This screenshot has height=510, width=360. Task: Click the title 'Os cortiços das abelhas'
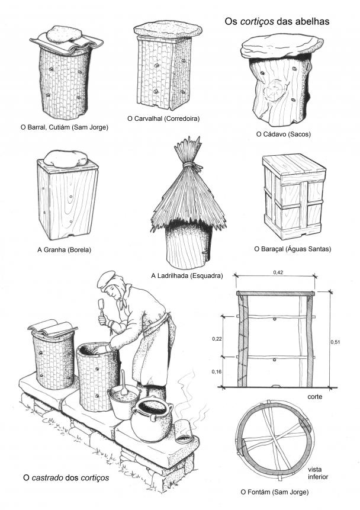[x=277, y=21]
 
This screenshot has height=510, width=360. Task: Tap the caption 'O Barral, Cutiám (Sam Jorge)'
[x=65, y=127]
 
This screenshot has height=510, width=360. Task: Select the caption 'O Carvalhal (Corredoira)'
[x=163, y=118]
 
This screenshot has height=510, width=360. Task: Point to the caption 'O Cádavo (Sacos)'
[x=283, y=134]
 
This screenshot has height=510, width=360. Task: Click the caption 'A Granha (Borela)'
[x=64, y=250]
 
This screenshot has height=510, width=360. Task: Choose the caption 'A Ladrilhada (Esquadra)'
[x=187, y=276]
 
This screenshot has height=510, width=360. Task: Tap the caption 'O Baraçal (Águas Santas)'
[x=292, y=249]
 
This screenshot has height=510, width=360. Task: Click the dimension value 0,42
[x=278, y=272]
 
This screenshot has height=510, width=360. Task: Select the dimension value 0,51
[x=335, y=342]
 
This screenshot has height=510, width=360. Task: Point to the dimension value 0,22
[x=217, y=339]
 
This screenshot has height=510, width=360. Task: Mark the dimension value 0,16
[x=217, y=371]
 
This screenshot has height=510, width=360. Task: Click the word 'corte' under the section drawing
[x=314, y=397]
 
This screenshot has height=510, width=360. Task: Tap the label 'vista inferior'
[x=318, y=473]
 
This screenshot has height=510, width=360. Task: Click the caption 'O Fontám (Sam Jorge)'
[x=275, y=492]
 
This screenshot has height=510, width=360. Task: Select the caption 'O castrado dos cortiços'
[x=66, y=478]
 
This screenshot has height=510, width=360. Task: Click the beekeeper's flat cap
[x=106, y=280]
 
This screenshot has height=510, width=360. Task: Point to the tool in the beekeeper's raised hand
[x=101, y=307]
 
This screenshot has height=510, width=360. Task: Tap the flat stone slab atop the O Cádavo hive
[x=282, y=47]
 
